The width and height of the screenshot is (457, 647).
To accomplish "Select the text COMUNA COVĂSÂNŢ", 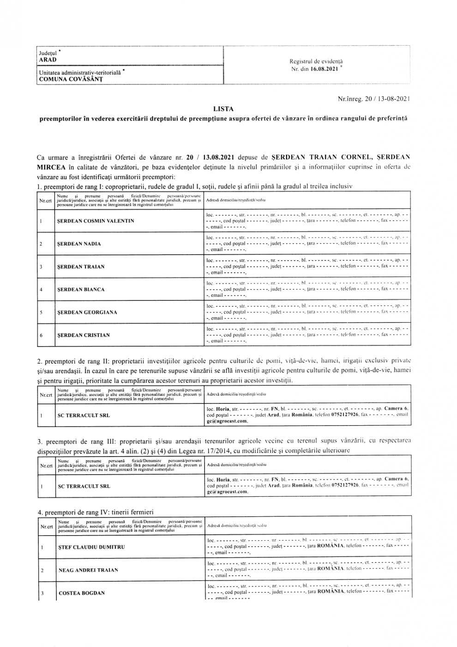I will (71, 79).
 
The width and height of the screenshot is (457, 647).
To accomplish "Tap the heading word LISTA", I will (223, 109).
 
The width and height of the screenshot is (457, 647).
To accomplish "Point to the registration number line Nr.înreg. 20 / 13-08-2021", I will (374, 98).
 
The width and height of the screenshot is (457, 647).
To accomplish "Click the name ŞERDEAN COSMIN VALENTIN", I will (95, 221).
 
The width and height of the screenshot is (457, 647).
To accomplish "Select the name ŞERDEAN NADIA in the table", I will (79, 244).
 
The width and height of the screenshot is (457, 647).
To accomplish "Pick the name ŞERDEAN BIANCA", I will (80, 289).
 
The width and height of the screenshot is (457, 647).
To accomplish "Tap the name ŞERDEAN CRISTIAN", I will (83, 335).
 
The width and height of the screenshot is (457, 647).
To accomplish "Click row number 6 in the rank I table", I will (41, 335).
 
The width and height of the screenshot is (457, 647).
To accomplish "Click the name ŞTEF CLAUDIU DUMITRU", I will (91, 547).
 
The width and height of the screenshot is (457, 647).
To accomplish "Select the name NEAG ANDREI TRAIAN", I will (88, 570).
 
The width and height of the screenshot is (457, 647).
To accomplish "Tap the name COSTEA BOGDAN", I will (82, 593).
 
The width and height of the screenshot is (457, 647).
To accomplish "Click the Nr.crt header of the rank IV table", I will (46, 525).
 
